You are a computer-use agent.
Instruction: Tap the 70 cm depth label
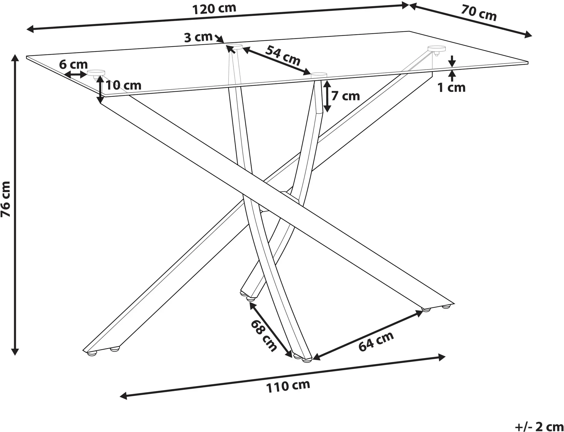pyautogui.click(x=479, y=13)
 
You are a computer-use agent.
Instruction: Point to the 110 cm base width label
pyautogui.click(x=288, y=386)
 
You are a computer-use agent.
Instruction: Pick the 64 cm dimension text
pyautogui.click(x=376, y=342)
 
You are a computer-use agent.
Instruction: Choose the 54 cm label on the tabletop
pyautogui.click(x=283, y=55)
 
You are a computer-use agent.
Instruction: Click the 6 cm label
pyautogui.click(x=74, y=65)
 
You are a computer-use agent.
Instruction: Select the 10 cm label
pyautogui.click(x=123, y=86)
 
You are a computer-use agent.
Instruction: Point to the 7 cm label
pyautogui.click(x=346, y=96)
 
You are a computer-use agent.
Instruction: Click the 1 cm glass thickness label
pyautogui.click(x=452, y=88)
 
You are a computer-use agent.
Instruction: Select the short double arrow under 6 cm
pyautogui.click(x=75, y=74)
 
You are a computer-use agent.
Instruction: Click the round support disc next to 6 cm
pyautogui.click(x=96, y=73)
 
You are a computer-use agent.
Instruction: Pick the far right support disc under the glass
pyautogui.click(x=436, y=49)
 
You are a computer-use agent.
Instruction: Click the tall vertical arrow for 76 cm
pyautogui.click(x=15, y=205)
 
